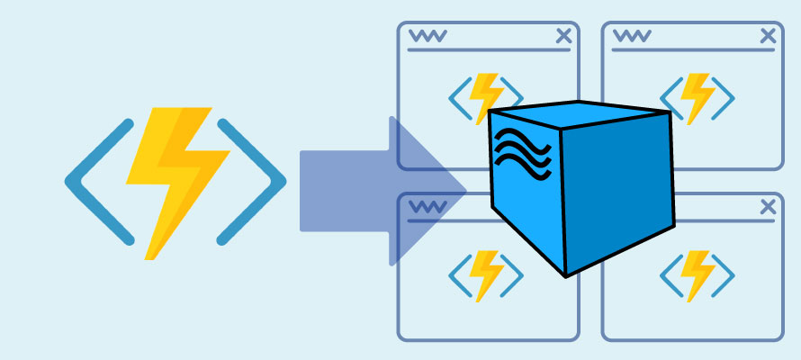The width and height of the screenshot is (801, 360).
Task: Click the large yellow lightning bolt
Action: pyautogui.click(x=176, y=180)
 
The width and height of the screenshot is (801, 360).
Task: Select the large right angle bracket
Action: pyautogui.click(x=260, y=181)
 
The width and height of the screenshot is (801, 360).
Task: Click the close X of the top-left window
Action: pyautogui.click(x=563, y=36)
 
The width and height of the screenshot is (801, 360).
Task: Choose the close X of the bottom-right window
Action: pyautogui.click(x=768, y=208)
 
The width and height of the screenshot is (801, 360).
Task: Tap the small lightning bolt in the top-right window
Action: pyautogui.click(x=696, y=94)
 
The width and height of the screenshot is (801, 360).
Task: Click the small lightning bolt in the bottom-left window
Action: pyautogui.click(x=487, y=274)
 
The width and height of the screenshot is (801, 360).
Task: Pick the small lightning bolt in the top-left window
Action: pyautogui.click(x=487, y=90)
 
